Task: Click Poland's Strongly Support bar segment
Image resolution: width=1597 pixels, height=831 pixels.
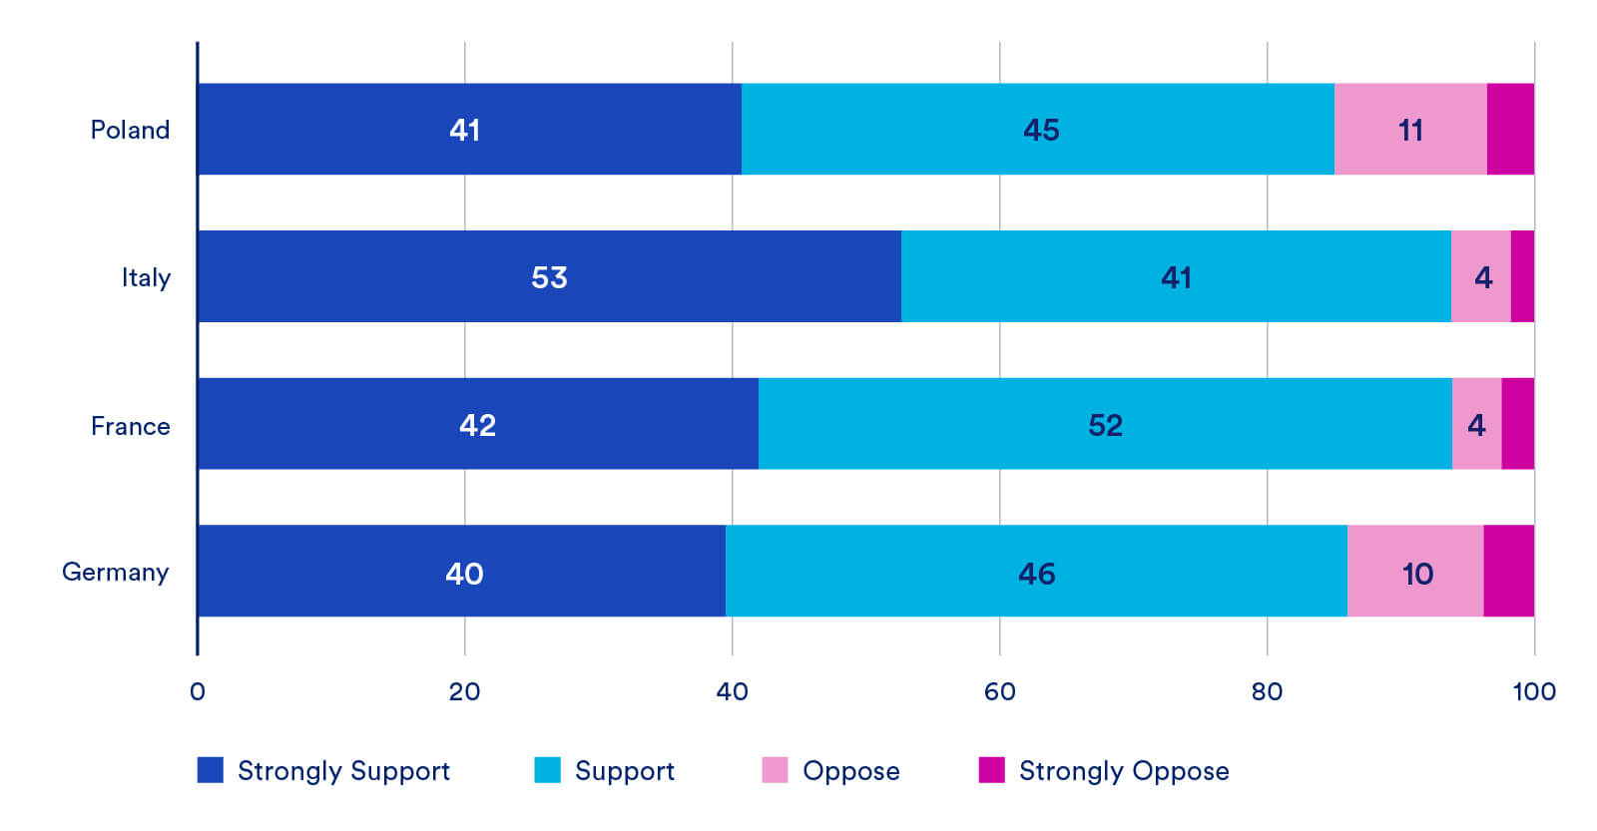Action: click(470, 129)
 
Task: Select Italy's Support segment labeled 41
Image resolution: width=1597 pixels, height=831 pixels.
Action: click(1177, 276)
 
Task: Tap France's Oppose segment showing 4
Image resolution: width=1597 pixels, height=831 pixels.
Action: click(1476, 423)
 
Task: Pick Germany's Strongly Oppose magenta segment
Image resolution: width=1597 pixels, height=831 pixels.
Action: click(1509, 571)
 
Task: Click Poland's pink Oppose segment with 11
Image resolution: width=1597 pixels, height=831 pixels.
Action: click(1411, 129)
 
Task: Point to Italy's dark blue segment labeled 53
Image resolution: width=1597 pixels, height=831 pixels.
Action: click(550, 276)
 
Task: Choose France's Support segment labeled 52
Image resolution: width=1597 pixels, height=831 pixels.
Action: click(1105, 423)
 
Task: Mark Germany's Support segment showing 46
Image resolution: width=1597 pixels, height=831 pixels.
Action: click(1037, 571)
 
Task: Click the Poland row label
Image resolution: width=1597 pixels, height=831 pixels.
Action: click(130, 130)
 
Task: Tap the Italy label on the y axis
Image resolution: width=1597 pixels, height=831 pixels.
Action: click(146, 278)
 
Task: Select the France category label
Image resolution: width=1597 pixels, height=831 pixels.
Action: click(131, 426)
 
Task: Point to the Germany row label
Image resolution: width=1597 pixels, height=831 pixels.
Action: click(115, 573)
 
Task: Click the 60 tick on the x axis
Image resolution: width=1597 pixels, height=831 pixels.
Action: click(999, 691)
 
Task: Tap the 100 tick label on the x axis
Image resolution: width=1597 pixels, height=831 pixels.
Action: click(1534, 691)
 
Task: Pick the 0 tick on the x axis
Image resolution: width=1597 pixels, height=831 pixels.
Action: click(198, 691)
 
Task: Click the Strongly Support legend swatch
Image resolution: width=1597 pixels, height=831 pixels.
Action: click(211, 770)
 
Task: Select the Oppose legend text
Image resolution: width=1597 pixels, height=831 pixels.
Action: click(851, 771)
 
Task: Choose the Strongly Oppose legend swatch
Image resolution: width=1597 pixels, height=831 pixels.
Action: click(992, 770)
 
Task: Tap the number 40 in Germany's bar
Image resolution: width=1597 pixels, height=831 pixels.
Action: click(464, 574)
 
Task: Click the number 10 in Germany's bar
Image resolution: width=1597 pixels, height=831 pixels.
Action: click(1417, 574)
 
